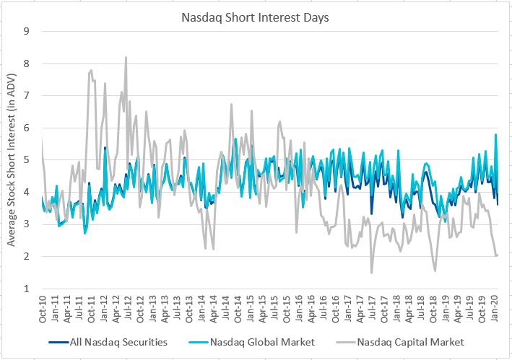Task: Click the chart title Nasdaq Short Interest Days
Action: [255, 16]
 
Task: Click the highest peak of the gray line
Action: [126, 57]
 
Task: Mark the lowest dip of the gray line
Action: [372, 273]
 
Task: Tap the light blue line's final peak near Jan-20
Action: [495, 134]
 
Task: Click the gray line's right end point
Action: [498, 255]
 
